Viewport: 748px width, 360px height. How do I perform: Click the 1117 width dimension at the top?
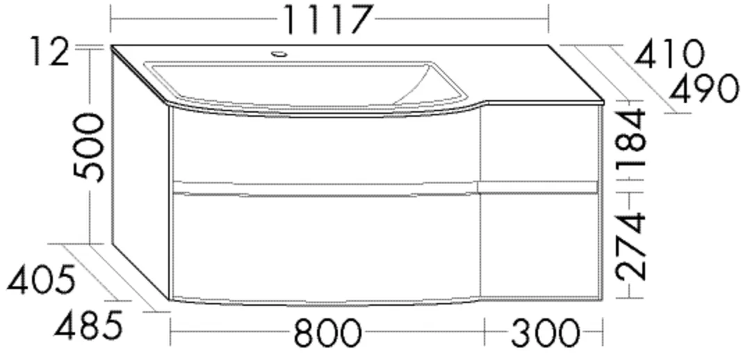click(x=327, y=19)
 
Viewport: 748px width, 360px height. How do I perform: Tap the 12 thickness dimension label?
click(x=50, y=51)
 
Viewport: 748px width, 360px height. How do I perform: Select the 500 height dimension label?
click(x=89, y=147)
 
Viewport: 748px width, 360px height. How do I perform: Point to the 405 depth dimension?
click(x=42, y=279)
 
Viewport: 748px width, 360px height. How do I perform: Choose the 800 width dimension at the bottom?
click(x=327, y=333)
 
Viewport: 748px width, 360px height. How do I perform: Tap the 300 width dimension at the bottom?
click(x=546, y=333)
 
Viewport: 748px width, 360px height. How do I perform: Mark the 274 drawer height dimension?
click(x=631, y=247)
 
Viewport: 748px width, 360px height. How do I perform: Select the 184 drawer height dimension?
click(x=631, y=138)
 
